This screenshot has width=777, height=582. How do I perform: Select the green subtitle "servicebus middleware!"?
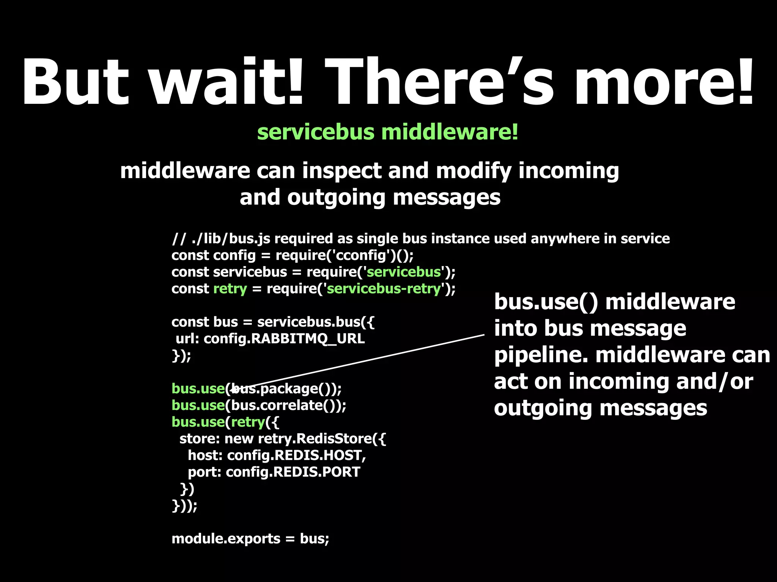click(388, 132)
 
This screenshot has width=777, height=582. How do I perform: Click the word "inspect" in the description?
click(341, 171)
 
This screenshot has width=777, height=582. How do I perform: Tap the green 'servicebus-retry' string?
click(384, 289)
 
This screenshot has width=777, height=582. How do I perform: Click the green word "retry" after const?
click(230, 289)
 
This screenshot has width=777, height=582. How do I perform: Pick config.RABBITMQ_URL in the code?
click(284, 338)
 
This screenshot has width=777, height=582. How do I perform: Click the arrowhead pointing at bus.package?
click(232, 388)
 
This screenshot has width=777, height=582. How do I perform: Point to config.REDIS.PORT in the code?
click(293, 472)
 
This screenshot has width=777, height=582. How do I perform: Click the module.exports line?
click(250, 539)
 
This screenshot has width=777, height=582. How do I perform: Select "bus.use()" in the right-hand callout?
click(546, 302)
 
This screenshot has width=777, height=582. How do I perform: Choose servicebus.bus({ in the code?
click(316, 322)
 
